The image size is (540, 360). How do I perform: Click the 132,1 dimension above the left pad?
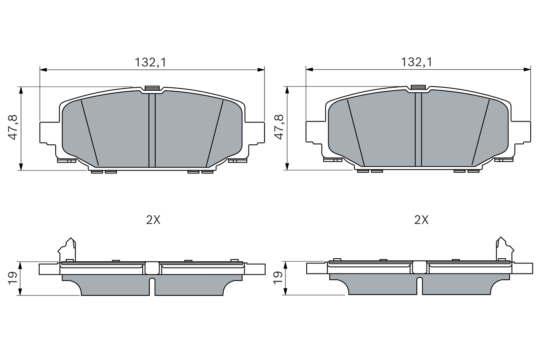pyautogui.click(x=151, y=62)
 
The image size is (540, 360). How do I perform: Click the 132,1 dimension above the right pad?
pyautogui.click(x=416, y=62)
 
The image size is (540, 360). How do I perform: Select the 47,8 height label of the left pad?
pyautogui.click(x=13, y=127)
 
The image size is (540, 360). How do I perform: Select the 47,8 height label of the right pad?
pyautogui.click(x=279, y=127)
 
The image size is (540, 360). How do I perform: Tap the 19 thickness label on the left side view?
pyautogui.click(x=13, y=278)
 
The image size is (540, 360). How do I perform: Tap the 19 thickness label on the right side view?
pyautogui.click(x=278, y=278)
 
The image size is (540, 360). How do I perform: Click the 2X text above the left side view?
pyautogui.click(x=153, y=220)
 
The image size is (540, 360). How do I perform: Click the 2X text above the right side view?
pyautogui.click(x=421, y=220)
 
